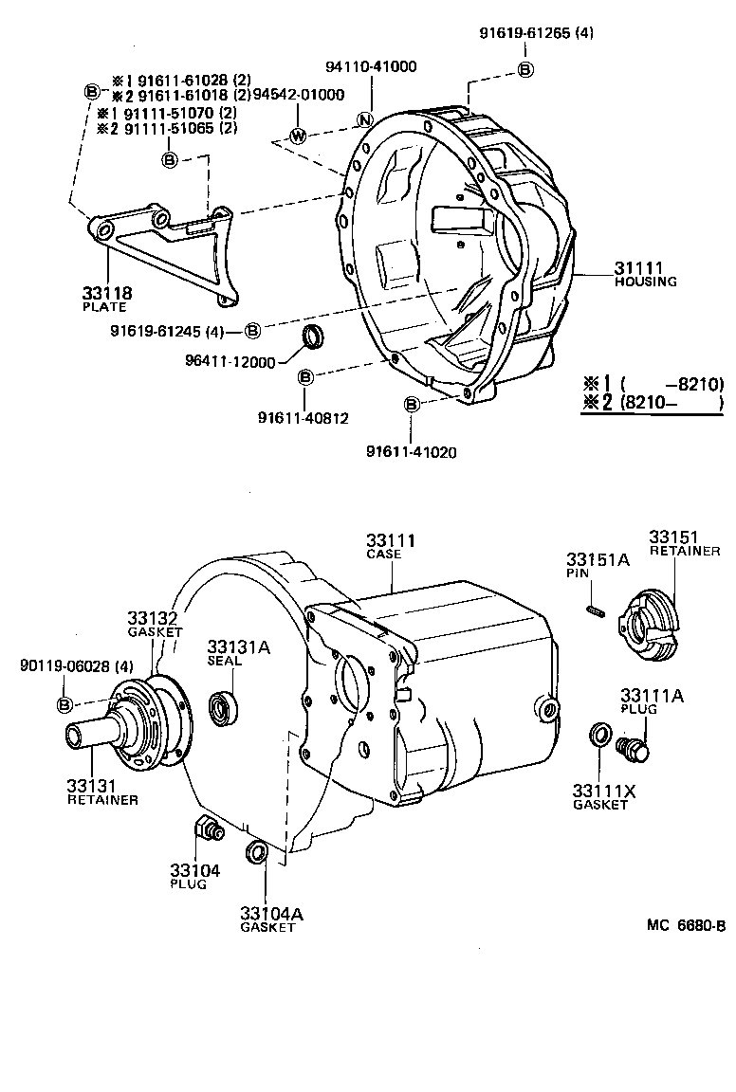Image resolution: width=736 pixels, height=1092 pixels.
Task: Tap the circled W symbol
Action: click(298, 136)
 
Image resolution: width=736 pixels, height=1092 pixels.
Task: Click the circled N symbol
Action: click(363, 119)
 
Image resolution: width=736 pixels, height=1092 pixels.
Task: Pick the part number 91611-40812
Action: click(303, 417)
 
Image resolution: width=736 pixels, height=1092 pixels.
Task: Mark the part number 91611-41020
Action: click(411, 452)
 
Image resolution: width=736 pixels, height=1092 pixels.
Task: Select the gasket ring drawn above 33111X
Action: click(599, 735)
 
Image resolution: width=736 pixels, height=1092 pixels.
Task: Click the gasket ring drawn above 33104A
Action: click(255, 852)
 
